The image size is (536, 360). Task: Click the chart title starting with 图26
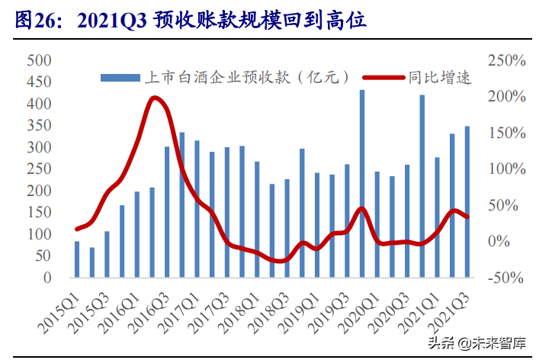191,21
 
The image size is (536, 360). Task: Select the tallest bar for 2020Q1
362,183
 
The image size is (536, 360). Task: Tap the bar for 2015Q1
77,259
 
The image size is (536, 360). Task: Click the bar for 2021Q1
437,217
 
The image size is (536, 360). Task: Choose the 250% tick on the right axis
506,60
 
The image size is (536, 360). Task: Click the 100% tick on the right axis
506,169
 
